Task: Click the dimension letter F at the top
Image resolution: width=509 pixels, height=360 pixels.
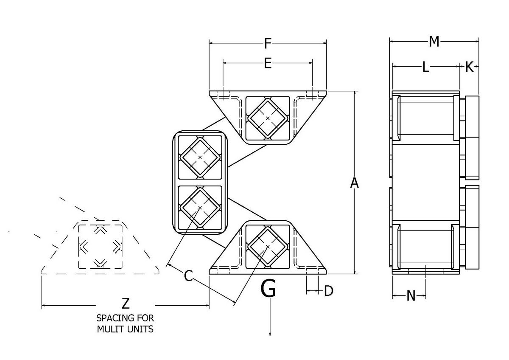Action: pos(268,43)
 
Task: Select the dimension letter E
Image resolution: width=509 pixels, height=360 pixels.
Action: pos(268,63)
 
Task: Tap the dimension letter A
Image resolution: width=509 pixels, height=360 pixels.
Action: pos(355,183)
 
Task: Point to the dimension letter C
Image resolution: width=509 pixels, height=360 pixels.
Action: pos(189,276)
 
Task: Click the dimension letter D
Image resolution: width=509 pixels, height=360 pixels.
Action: pos(329,291)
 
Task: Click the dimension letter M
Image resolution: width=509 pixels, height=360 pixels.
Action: pos(433,41)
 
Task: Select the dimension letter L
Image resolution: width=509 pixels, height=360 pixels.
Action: pos(425,67)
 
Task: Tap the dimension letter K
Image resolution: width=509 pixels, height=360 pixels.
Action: pos(469,67)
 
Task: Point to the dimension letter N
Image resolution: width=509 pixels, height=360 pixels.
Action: pos(411,295)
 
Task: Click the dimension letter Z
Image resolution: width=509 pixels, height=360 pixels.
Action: pos(125,304)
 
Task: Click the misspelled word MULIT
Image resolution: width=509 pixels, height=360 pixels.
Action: pos(109,329)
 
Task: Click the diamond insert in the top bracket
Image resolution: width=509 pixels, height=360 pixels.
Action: pos(268,118)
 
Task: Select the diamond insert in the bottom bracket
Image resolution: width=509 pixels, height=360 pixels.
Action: pos(267,246)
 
